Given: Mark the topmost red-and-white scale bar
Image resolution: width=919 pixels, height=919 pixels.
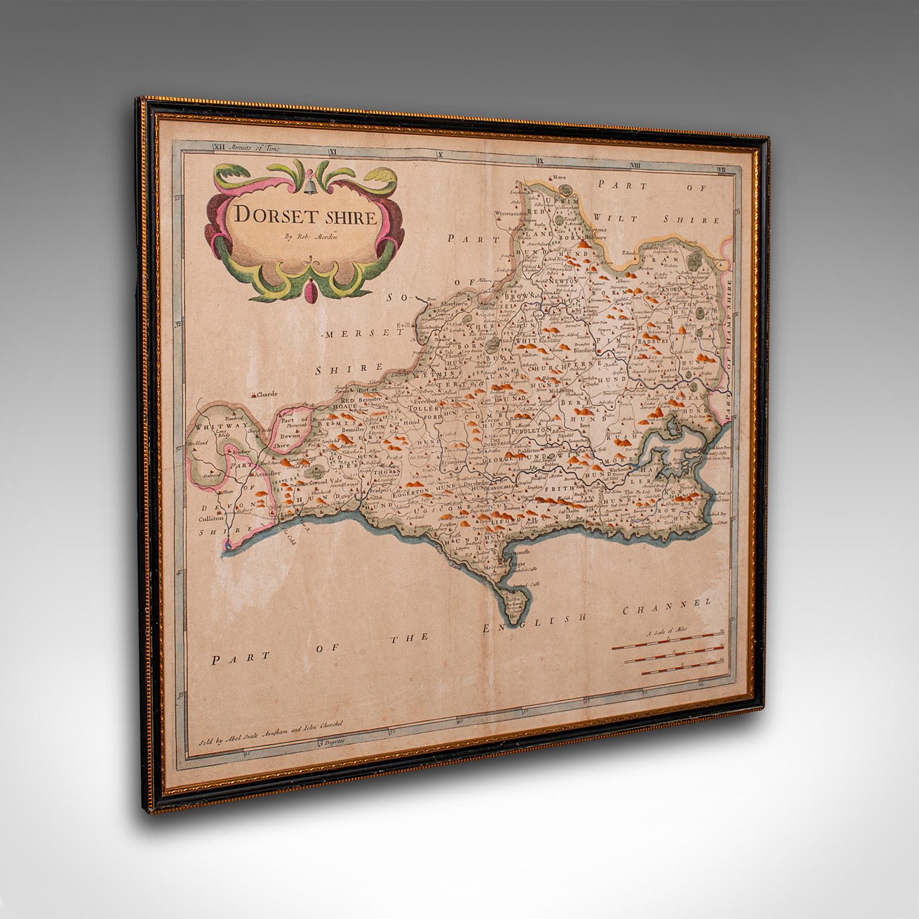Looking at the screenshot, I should point(666,646).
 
